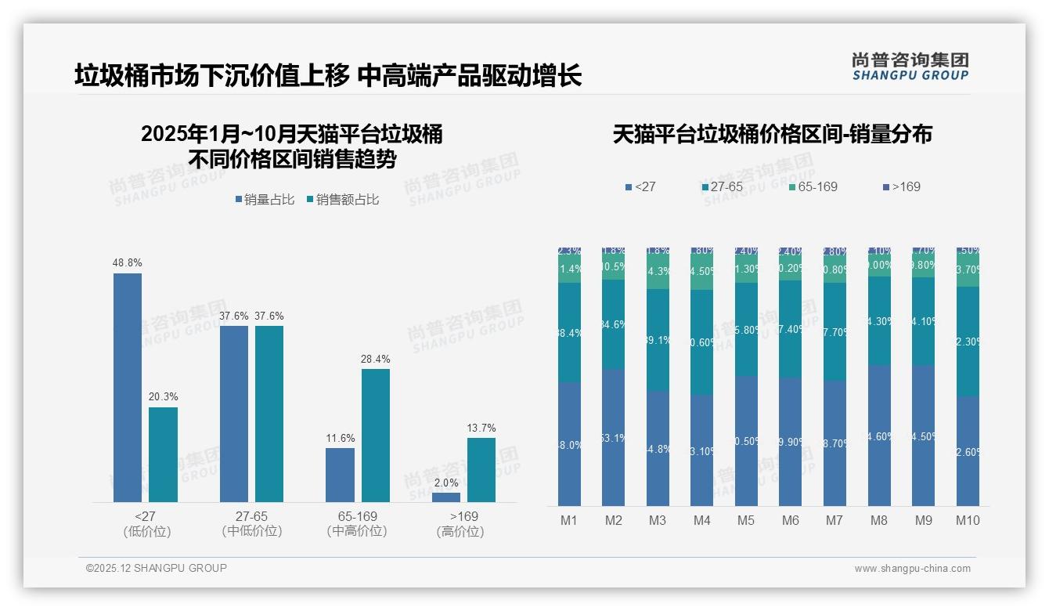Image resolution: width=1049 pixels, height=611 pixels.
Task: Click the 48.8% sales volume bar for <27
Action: [128, 387]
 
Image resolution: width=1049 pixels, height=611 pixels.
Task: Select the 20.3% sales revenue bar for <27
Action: [163, 454]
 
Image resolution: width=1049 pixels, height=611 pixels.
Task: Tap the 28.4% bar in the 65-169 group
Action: [375, 435]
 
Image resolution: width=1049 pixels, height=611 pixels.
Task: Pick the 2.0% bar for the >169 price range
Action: [446, 497]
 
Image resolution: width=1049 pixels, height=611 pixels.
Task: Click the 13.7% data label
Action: [481, 428]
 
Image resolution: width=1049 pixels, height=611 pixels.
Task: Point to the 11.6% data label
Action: [340, 438]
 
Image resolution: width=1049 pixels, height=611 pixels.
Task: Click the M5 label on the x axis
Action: [745, 520]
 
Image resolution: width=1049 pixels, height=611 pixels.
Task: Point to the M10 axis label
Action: [968, 520]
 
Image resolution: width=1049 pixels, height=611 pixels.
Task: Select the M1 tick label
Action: [568, 520]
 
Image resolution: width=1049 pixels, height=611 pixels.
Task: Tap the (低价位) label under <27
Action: [147, 531]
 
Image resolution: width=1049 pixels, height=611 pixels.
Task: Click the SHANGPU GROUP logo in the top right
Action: [910, 67]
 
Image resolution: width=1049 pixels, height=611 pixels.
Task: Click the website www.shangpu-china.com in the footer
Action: [912, 569]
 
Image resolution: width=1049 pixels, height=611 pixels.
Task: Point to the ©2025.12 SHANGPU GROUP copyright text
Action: [157, 568]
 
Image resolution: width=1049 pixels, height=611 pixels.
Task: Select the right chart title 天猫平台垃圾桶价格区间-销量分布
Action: [772, 134]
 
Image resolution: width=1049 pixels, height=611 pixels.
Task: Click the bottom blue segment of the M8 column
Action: [879, 436]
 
